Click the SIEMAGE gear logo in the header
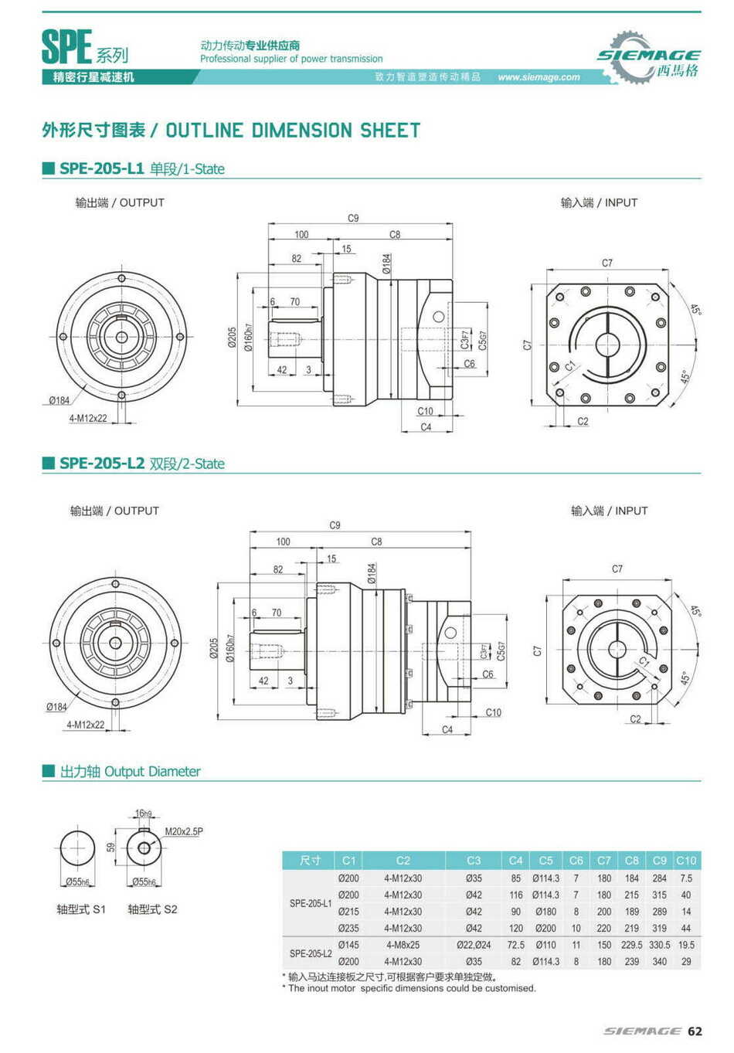pos(647,57)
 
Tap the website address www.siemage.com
pos(539,77)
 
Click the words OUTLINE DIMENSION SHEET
pos(293,131)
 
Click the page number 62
pos(695,1031)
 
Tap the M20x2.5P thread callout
pos(184,832)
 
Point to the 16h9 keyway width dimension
pos(143,814)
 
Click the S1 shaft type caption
pos(81,909)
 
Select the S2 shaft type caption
pos(152,909)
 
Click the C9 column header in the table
pos(659,860)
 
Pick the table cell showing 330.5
pos(659,945)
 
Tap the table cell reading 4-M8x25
pos(403,945)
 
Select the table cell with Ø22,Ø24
pos(473,945)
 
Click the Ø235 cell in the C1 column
pos(348,929)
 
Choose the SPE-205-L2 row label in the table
pos(311,953)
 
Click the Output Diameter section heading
pos(130,772)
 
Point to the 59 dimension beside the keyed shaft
pos(111,847)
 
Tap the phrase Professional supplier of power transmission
pos(291,59)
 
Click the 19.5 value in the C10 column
pos(686,945)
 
